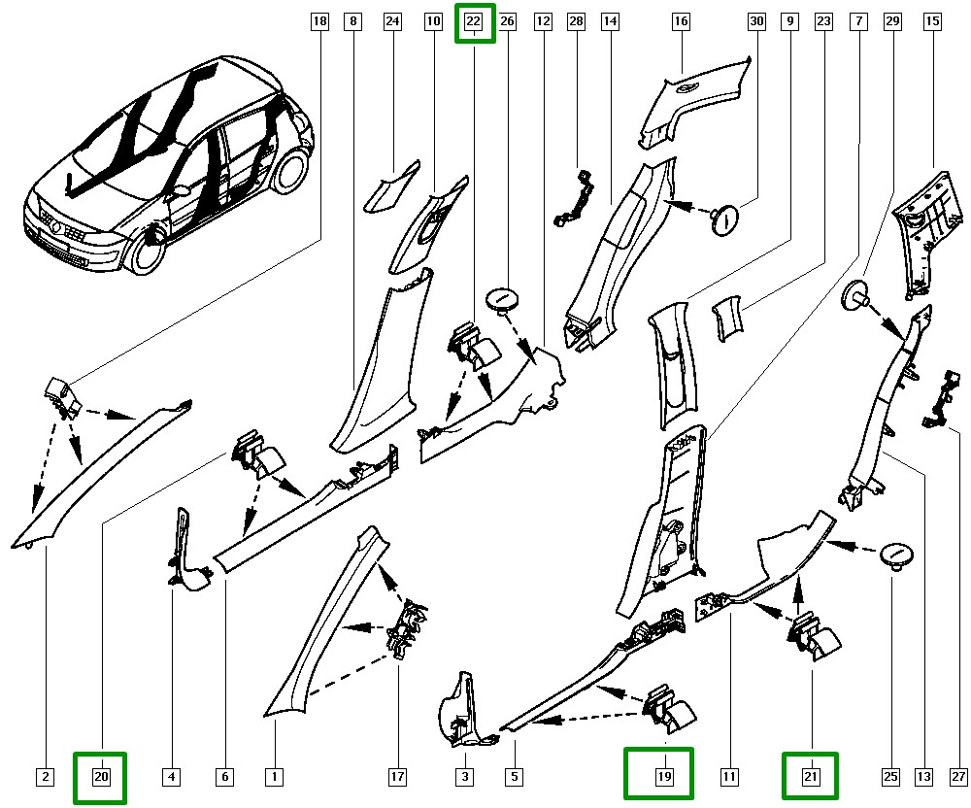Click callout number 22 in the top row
pos(474,21)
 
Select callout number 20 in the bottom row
pos(100,777)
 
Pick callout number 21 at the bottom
pos(811,777)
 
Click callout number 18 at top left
pos(318,21)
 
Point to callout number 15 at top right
pos(932,21)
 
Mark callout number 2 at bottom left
pos(45,777)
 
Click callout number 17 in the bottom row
pos(397,777)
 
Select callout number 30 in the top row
pos(756,21)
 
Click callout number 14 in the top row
pos(610,21)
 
